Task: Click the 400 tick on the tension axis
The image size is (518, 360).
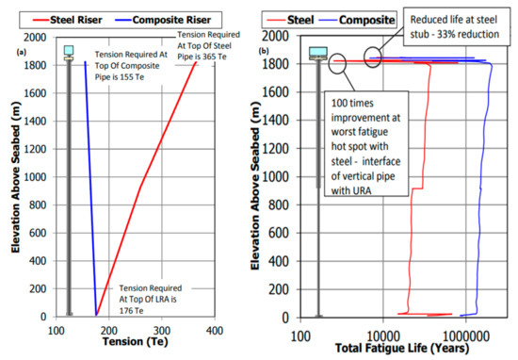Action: point(215,332)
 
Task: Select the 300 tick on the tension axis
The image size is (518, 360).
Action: point(162,332)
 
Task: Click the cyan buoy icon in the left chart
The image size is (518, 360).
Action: point(68,52)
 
